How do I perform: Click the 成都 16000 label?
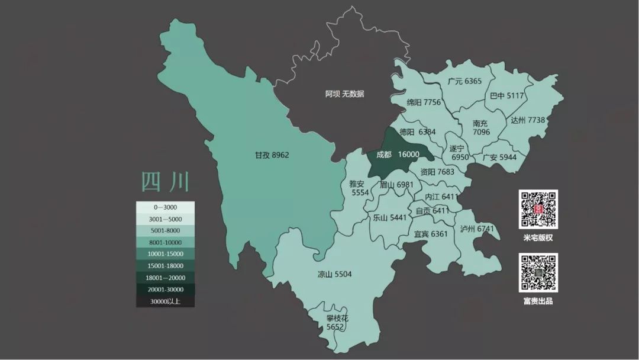(398, 155)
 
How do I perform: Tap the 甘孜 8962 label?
(272, 155)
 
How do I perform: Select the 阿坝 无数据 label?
(344, 94)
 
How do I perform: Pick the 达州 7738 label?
(527, 120)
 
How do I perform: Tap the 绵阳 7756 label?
(424, 102)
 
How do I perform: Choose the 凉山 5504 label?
(334, 274)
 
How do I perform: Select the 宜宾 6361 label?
(431, 234)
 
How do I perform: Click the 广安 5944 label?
(499, 157)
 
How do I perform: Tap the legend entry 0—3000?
(165, 208)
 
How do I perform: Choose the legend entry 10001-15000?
(165, 254)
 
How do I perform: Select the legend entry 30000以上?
(165, 301)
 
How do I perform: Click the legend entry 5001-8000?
(165, 231)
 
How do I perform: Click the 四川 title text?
(165, 181)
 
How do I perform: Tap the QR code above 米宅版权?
(538, 210)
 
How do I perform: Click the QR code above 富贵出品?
(538, 272)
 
